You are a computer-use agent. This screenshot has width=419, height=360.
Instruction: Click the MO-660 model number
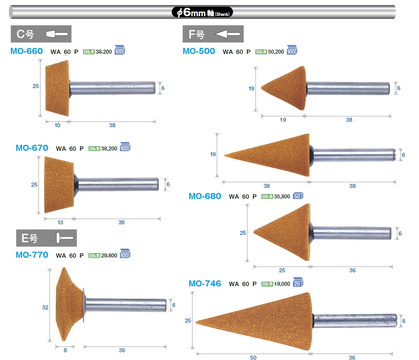tap(27, 51)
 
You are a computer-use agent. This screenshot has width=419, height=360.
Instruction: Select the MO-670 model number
tap(32, 148)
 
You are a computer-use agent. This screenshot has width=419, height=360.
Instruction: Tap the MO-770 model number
tap(32, 255)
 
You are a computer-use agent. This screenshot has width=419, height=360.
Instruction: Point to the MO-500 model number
tap(199, 51)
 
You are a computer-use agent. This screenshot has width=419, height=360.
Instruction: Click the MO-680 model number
tap(205, 196)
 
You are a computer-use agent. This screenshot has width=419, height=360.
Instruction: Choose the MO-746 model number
tap(205, 283)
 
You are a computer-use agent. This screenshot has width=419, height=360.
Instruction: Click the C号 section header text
tap(25, 34)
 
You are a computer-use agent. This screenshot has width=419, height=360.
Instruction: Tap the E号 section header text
tap(30, 238)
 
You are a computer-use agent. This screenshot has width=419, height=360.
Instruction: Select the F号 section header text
tap(197, 34)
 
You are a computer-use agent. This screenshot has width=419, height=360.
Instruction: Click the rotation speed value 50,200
tap(276, 52)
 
